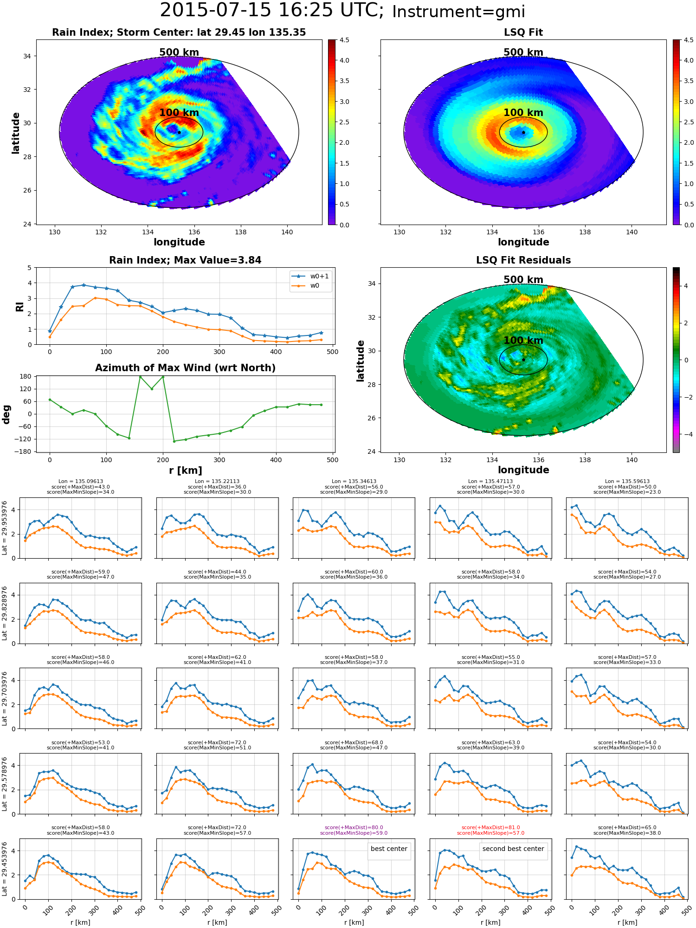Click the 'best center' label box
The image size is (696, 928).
(x=389, y=849)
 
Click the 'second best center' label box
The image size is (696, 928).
(x=513, y=849)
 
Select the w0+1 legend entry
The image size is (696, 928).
(x=310, y=276)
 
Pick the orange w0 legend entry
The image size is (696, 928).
(x=306, y=285)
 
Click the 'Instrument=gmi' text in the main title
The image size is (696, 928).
(x=458, y=12)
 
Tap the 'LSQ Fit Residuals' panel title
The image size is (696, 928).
(x=523, y=260)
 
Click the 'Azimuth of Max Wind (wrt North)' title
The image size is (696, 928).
(x=185, y=368)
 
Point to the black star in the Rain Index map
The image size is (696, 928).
(x=179, y=132)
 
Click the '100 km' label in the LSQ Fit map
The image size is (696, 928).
(x=523, y=112)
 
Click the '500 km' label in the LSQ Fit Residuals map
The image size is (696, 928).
(x=523, y=280)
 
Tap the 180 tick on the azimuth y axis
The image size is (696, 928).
(x=26, y=376)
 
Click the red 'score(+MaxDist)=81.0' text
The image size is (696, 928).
(x=490, y=828)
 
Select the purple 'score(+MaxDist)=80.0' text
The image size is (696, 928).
(x=354, y=828)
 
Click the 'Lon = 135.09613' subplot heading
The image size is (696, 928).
(x=81, y=482)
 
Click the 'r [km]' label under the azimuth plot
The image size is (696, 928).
(x=186, y=470)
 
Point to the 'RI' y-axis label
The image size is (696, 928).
(x=19, y=306)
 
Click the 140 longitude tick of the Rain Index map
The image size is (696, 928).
(x=287, y=232)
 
